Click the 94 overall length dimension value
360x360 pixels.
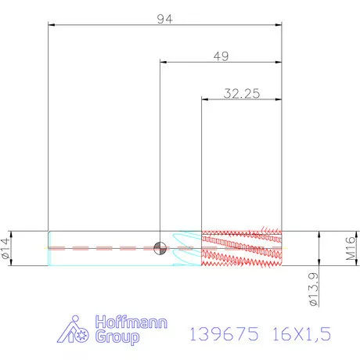pos(164,19)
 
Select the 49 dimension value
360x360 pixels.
pos(221,56)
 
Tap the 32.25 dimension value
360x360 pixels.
pos(242,93)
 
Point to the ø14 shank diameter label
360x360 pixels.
pos(6,248)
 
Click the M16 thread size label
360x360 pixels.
pos(351,248)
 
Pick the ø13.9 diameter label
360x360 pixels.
pos(313,289)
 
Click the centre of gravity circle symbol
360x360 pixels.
pos(160,248)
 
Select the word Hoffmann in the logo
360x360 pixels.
pos(131,322)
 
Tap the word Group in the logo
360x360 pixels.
pos(117,337)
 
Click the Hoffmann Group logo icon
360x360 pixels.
pos(73,329)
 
